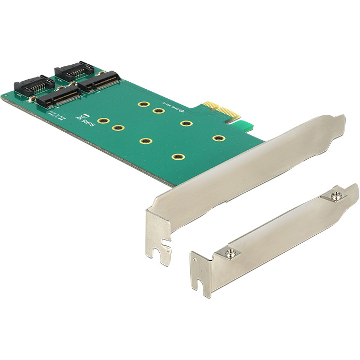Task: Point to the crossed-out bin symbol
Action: tap(80, 116)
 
